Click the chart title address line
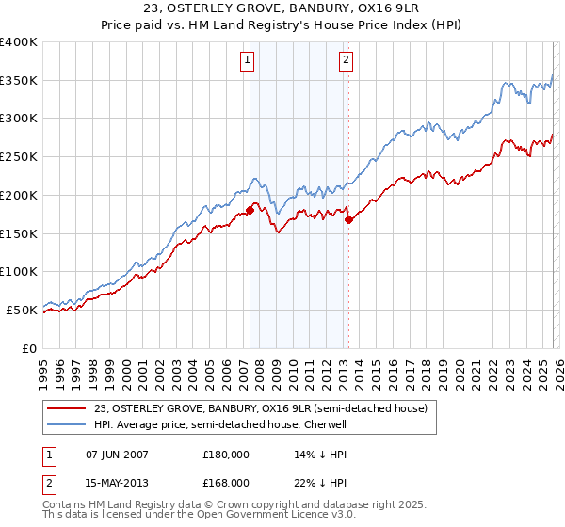[x=282, y=10]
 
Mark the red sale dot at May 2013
[x=348, y=219]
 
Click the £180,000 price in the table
[x=226, y=454]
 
